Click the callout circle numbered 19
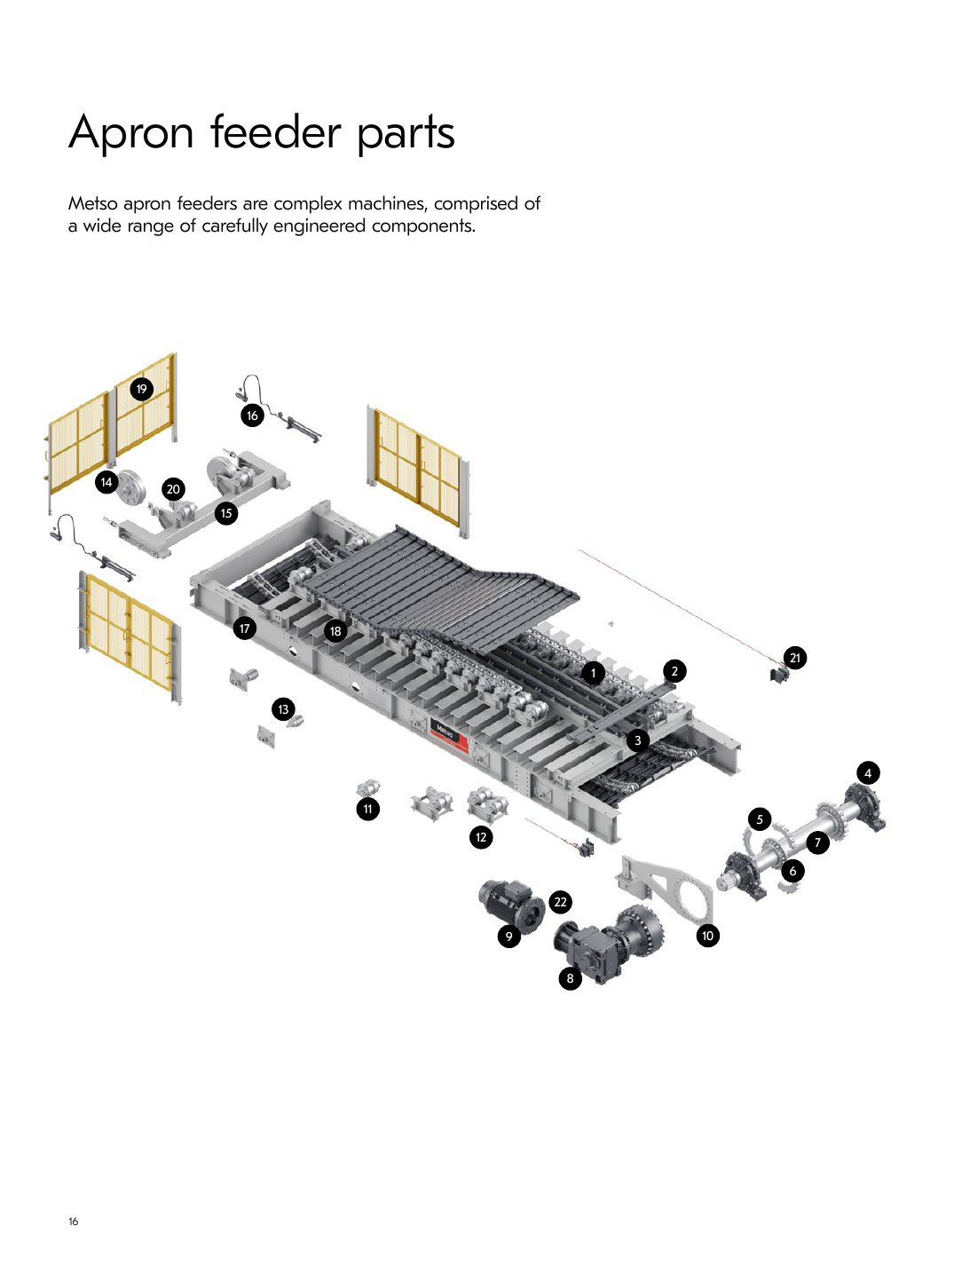point(141,389)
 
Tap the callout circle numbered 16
point(252,415)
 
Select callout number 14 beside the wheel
point(106,482)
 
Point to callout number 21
point(794,658)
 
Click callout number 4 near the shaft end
point(868,772)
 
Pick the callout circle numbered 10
point(707,936)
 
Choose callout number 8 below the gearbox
point(570,978)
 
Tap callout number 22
point(560,902)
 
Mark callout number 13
point(283,708)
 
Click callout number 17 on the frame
point(245,629)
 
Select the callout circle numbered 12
point(480,837)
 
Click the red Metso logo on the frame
point(450,735)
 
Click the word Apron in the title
point(130,133)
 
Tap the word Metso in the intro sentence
point(92,203)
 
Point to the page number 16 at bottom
point(73,1221)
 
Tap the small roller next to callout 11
point(368,788)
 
